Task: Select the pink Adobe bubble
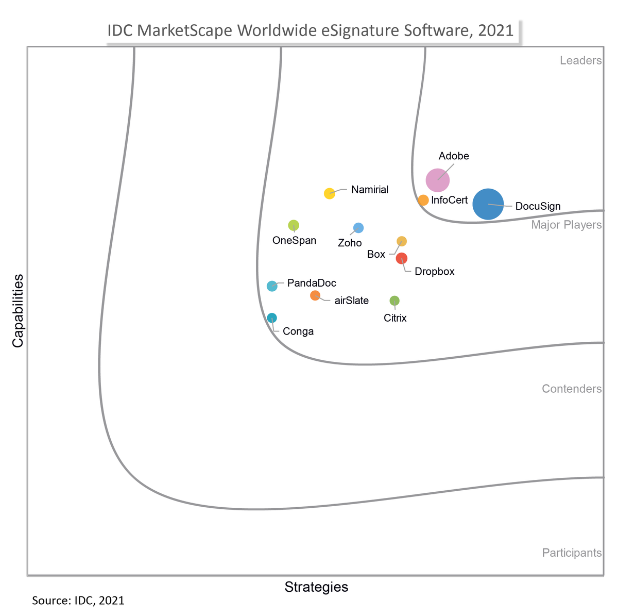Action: pyautogui.click(x=438, y=180)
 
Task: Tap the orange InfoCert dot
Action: pyautogui.click(x=423, y=200)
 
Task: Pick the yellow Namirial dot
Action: pyautogui.click(x=330, y=193)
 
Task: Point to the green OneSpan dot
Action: pyautogui.click(x=294, y=225)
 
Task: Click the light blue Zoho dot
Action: pyautogui.click(x=358, y=228)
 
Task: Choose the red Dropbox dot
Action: pyautogui.click(x=402, y=258)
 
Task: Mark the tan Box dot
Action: pyautogui.click(x=402, y=241)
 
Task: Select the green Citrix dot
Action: pyautogui.click(x=394, y=301)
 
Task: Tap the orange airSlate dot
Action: pyautogui.click(x=315, y=295)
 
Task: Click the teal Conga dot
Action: pyautogui.click(x=272, y=318)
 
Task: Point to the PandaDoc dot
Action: pyautogui.click(x=272, y=286)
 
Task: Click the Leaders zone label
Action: pyautogui.click(x=580, y=61)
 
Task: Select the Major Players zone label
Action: pyautogui.click(x=566, y=225)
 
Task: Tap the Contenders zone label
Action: pyautogui.click(x=572, y=389)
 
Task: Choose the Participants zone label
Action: pyautogui.click(x=572, y=553)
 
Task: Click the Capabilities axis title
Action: pyautogui.click(x=18, y=311)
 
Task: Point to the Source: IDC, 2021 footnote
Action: pyautogui.click(x=78, y=601)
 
